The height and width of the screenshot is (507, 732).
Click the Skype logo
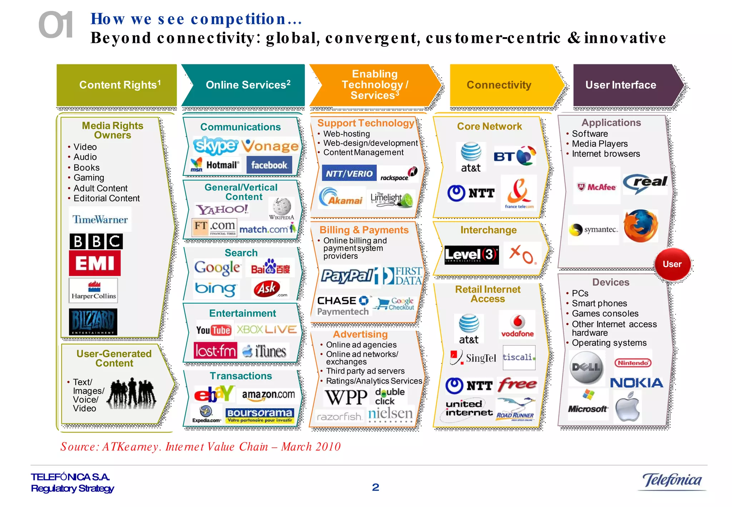215,146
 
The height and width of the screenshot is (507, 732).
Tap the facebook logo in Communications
269,165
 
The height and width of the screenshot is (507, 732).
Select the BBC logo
96,241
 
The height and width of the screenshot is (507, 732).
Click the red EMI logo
95,263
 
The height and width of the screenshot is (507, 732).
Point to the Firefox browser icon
640,226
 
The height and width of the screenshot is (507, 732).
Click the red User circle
672,264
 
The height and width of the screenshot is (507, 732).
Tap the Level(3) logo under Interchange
471,255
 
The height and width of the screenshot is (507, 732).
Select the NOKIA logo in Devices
637,383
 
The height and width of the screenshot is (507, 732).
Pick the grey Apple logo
627,407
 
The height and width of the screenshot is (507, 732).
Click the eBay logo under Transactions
214,394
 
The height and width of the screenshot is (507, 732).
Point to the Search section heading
241,253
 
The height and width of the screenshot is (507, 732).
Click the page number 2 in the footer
375,487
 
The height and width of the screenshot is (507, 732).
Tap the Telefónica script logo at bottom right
672,480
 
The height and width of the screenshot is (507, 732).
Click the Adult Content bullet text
100,188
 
